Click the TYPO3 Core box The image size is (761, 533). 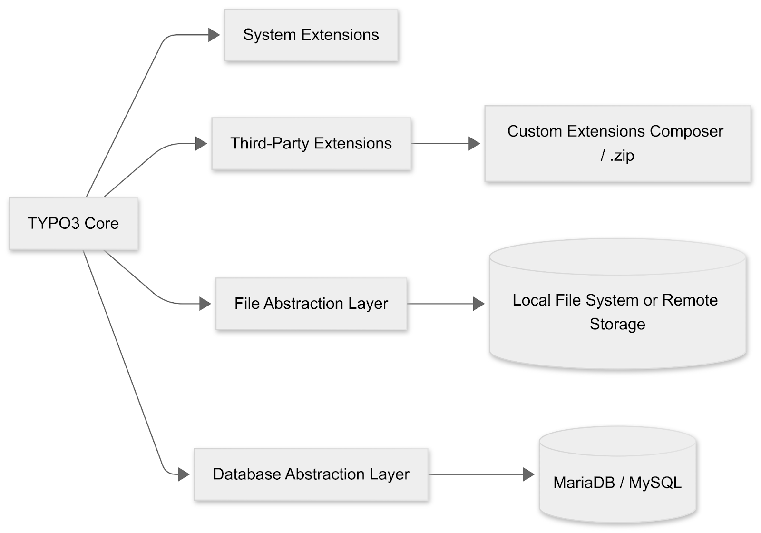pyautogui.click(x=73, y=223)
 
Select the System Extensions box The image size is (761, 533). pyautogui.click(x=311, y=35)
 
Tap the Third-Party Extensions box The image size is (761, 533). pyautogui.click(x=311, y=143)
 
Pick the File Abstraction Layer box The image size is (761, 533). pyautogui.click(x=311, y=304)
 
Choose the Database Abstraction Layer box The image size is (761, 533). pyautogui.click(x=311, y=474)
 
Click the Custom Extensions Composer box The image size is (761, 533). pyautogui.click(x=617, y=143)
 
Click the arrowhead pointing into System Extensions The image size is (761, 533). pyautogui.click(x=214, y=35)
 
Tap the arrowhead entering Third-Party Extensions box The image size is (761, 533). pyautogui.click(x=201, y=143)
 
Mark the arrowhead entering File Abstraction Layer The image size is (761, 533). pyautogui.click(x=205, y=304)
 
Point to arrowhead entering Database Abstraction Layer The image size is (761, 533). pyautogui.click(x=184, y=474)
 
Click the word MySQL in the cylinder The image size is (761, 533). pyautogui.click(x=655, y=483)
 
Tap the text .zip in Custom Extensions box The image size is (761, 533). pyautogui.click(x=622, y=155)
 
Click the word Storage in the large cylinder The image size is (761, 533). pyautogui.click(x=617, y=324)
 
